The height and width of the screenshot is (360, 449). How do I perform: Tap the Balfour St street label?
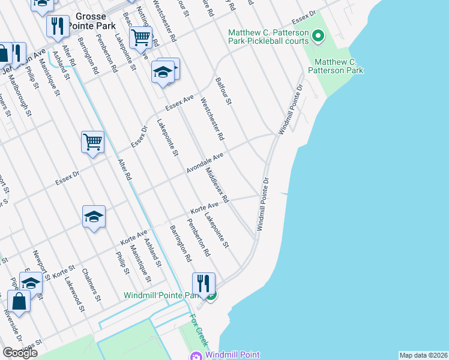(x=223, y=91)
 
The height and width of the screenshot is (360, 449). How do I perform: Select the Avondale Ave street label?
(x=205, y=163)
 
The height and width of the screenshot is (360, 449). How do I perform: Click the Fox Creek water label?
(x=199, y=330)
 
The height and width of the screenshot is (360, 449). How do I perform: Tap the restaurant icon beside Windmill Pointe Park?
(x=203, y=283)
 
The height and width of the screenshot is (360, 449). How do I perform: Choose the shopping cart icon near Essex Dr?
(x=92, y=142)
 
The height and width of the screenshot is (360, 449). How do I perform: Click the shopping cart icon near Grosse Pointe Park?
(x=140, y=37)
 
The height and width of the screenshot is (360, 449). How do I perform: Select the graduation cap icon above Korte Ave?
(x=94, y=217)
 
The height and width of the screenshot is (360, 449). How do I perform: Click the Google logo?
(x=20, y=353)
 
